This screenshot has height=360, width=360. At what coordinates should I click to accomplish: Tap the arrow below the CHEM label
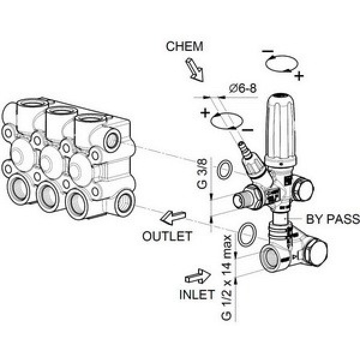[x=195, y=70]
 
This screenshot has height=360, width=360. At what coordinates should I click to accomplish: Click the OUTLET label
[x=167, y=236]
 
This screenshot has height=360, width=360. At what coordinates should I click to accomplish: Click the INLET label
[x=197, y=295]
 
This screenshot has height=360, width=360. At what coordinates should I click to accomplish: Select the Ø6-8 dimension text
[x=242, y=88]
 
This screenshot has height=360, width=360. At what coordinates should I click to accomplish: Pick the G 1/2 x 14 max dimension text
[x=227, y=277]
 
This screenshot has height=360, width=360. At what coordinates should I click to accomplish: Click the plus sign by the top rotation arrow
[x=299, y=76]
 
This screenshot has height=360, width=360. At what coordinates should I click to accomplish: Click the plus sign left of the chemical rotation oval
[x=206, y=112]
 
